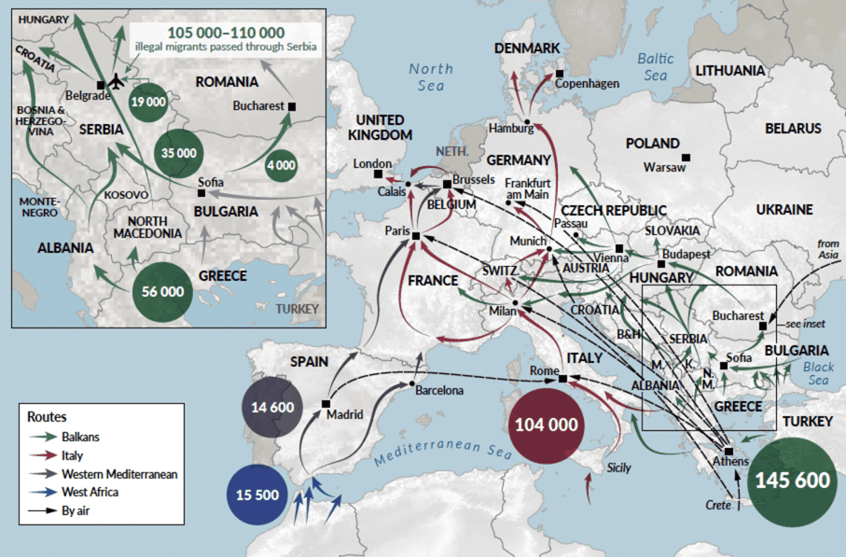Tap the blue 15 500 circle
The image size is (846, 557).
click(258, 494)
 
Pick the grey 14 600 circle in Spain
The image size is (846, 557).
click(272, 409)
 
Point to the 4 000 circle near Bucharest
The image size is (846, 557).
click(281, 164)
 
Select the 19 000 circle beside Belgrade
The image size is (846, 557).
click(148, 102)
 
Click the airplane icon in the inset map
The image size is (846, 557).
click(117, 81)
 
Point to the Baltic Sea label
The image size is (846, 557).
click(655, 66)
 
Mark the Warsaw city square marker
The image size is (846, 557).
click(687, 157)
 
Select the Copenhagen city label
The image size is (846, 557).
click(587, 84)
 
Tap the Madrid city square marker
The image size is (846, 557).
click(326, 404)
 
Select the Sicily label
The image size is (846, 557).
click(619, 467)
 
